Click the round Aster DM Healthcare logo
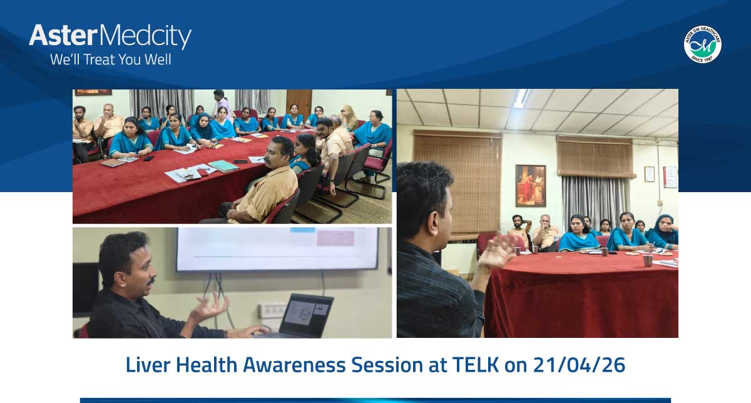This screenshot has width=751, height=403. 702,44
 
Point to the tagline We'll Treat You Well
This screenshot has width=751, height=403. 110,60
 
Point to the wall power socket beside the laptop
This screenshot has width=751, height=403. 270,309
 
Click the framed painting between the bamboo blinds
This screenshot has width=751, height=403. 530,185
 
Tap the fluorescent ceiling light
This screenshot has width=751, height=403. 521,98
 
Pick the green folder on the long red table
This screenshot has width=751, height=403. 223,166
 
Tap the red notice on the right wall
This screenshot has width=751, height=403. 670,176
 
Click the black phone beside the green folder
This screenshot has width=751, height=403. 240,163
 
